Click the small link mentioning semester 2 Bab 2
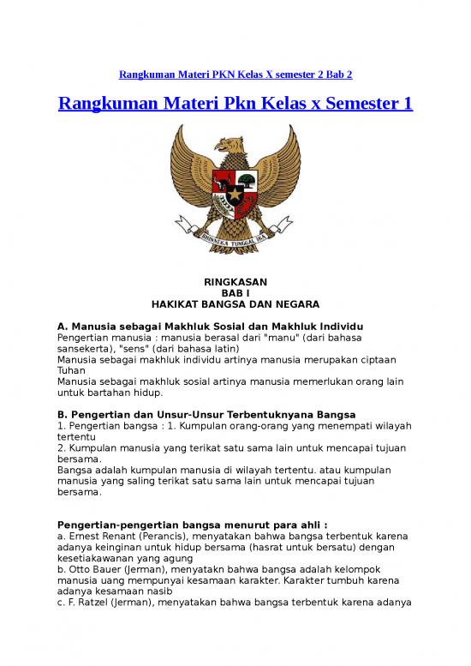pyautogui.click(x=235, y=75)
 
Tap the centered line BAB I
pyautogui.click(x=235, y=293)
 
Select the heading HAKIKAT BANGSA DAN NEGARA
pyautogui.click(x=235, y=304)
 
